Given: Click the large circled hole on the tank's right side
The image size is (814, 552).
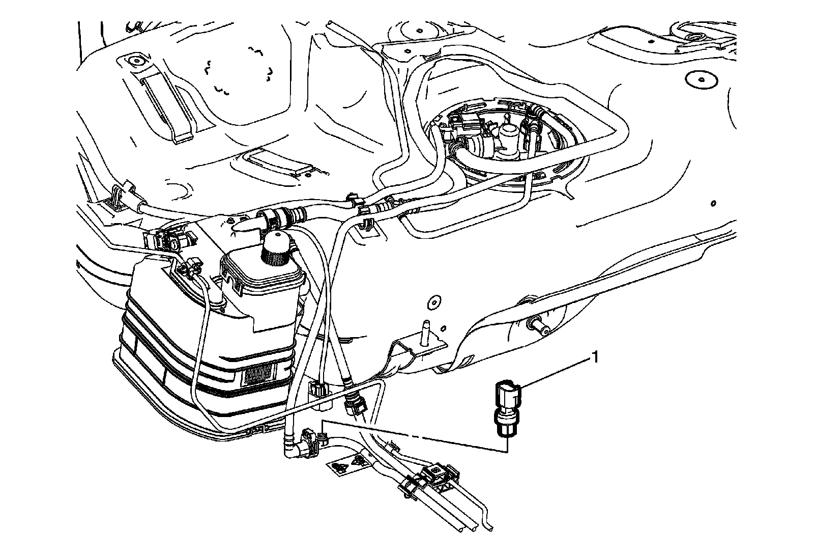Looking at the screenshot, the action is click(x=700, y=79).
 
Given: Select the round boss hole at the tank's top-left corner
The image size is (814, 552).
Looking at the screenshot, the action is click(x=135, y=61).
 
